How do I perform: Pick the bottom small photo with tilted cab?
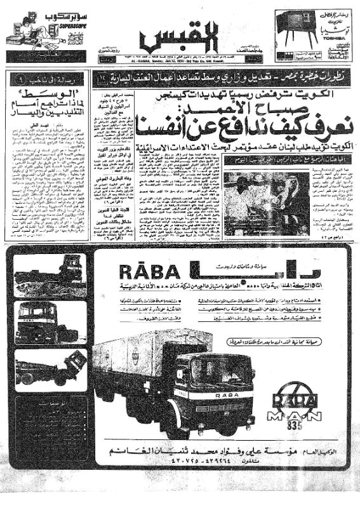[50, 369]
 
